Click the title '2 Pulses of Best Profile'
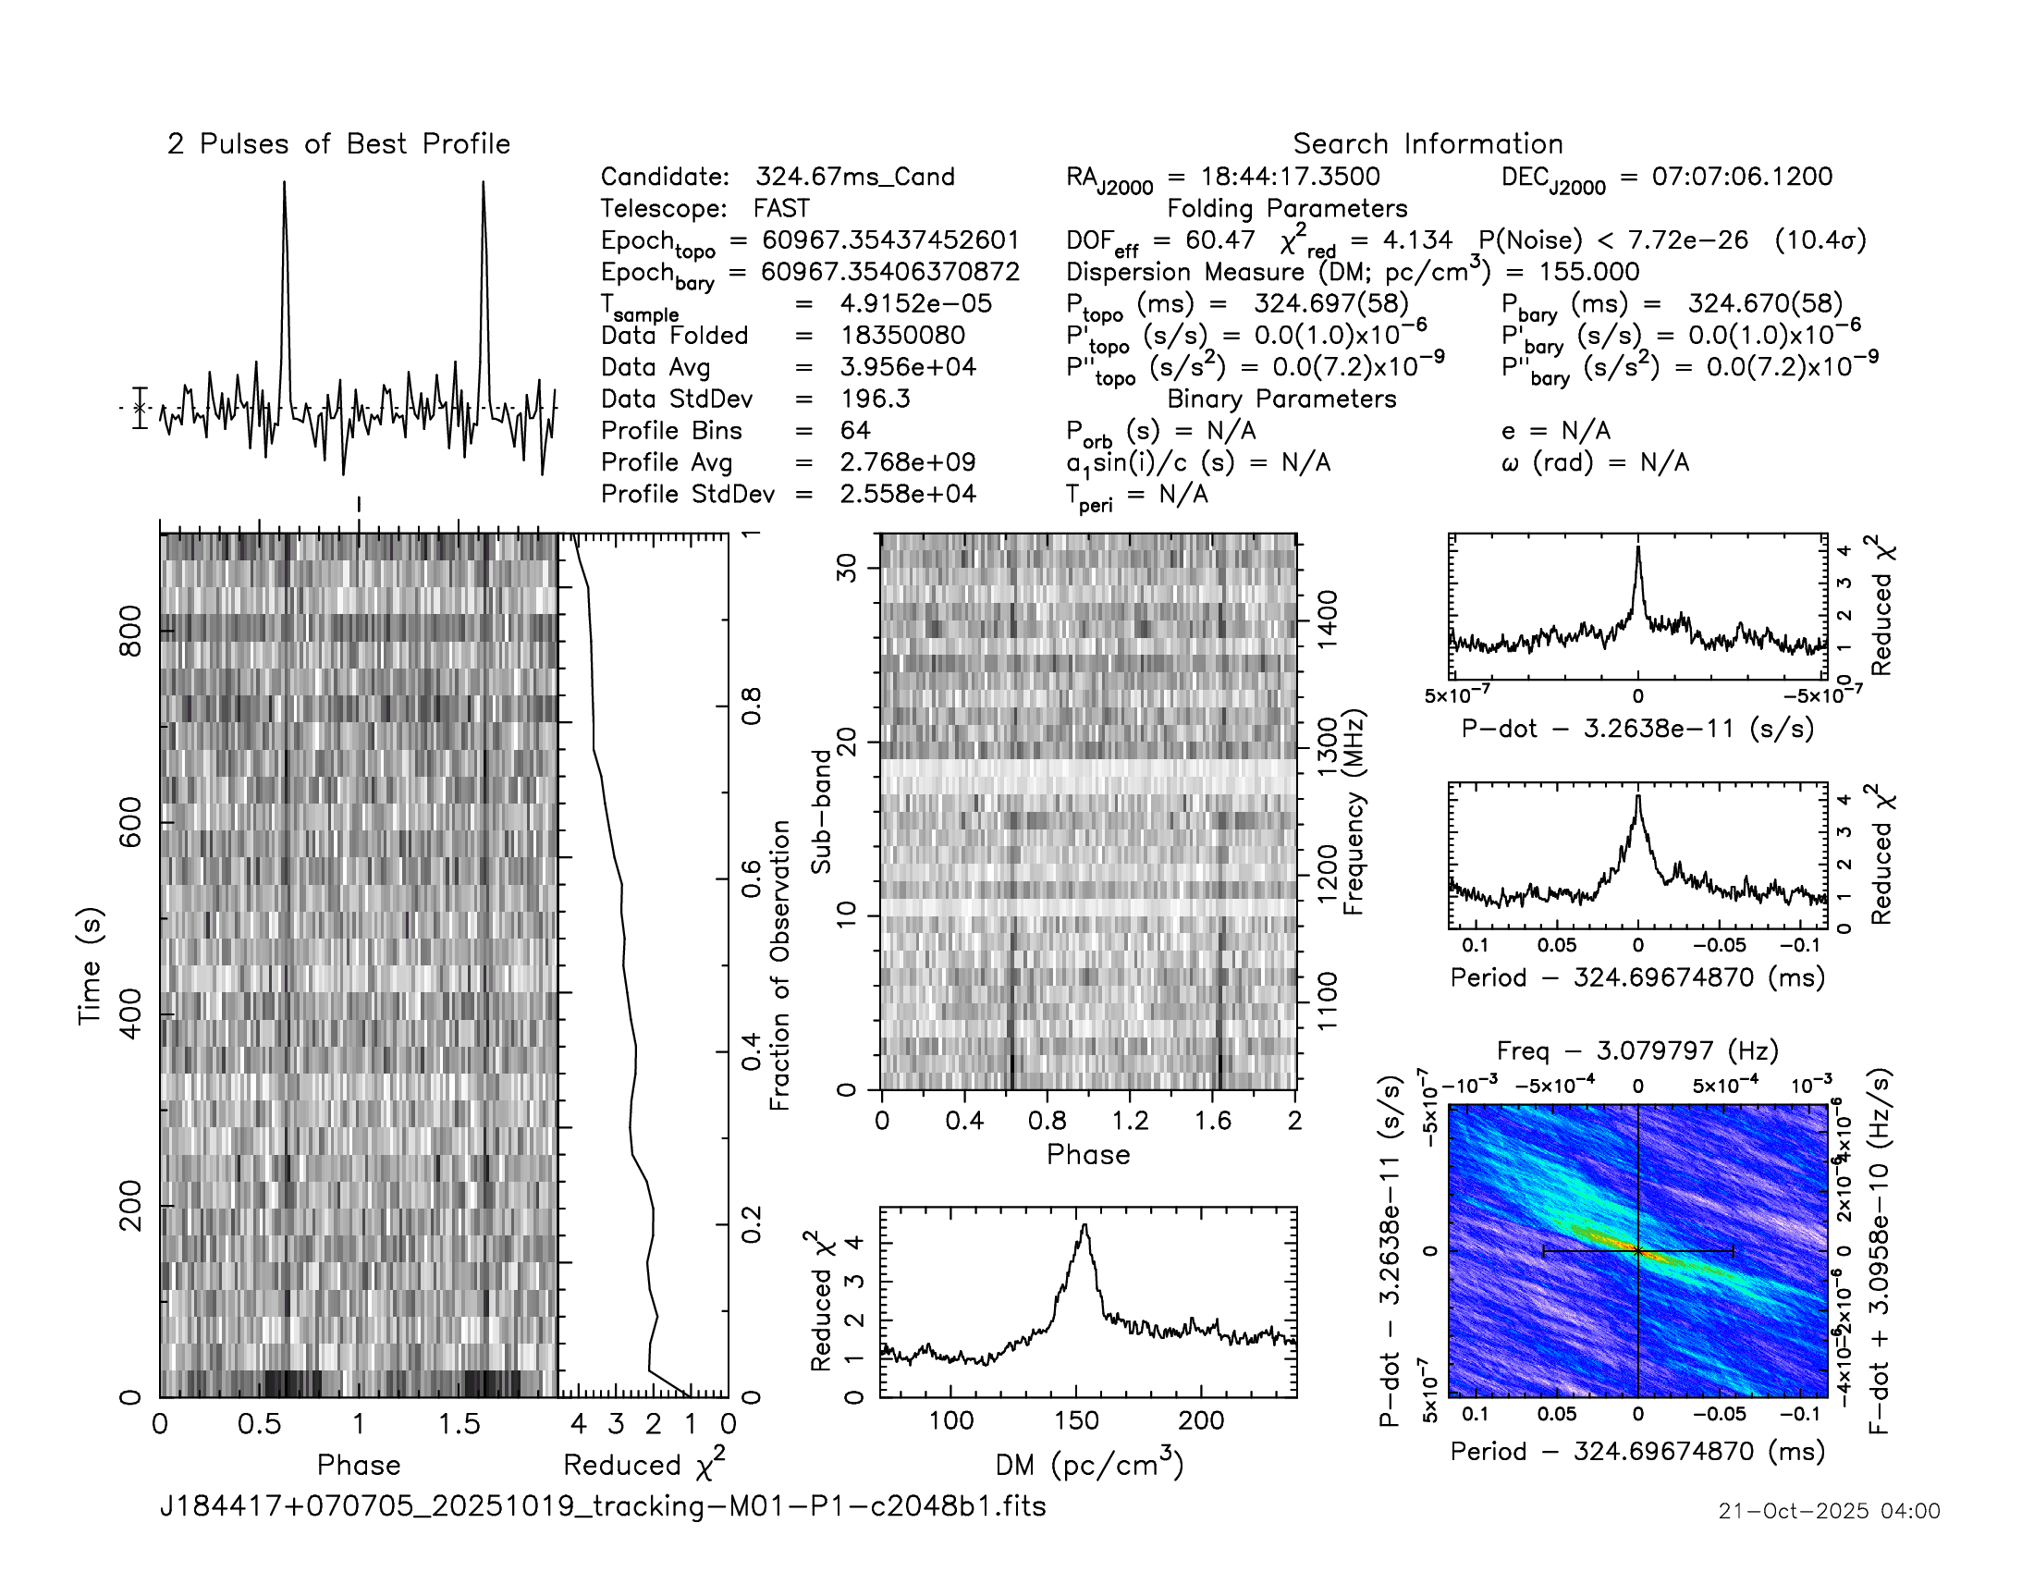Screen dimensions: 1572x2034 click(339, 144)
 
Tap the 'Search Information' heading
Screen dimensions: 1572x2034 click(1427, 144)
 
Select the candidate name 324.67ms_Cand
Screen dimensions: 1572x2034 click(855, 177)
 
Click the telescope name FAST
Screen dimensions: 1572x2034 click(781, 209)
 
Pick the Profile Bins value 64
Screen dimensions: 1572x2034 click(855, 430)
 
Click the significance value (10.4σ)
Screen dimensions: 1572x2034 click(1820, 240)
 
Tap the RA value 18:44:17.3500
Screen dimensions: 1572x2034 click(1290, 177)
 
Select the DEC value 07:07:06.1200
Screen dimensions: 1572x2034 click(1742, 177)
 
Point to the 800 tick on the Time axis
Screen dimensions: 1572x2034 click(130, 631)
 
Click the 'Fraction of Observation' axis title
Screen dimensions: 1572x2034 click(779, 964)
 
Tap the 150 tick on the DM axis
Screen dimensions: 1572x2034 click(1076, 1420)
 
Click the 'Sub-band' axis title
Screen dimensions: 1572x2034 click(820, 811)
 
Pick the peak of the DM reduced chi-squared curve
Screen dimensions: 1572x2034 click(1084, 1225)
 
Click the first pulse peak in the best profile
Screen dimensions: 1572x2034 click(284, 183)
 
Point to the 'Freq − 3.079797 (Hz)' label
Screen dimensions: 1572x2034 click(1636, 1050)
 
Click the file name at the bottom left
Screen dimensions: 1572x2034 click(603, 1505)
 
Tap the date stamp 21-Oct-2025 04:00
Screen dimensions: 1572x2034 click(1828, 1511)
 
